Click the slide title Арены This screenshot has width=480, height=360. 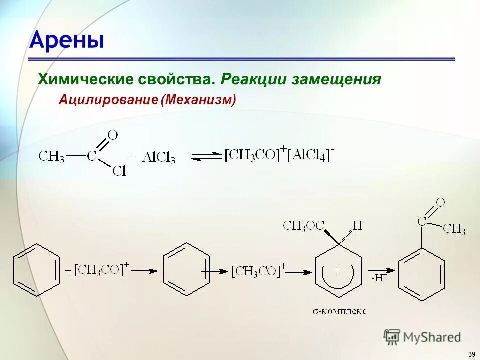click(67, 40)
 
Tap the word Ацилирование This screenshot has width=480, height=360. click(108, 100)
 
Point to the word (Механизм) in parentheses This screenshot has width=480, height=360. click(198, 100)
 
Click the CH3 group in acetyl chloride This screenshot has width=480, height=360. click(52, 156)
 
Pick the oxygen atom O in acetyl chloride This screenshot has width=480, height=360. click(113, 135)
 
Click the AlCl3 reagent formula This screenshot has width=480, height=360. click(158, 157)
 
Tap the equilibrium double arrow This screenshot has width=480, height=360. click(206, 156)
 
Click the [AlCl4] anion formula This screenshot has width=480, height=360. click(310, 155)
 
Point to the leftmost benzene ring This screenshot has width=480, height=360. click(34, 271)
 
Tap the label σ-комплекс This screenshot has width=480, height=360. click(339, 311)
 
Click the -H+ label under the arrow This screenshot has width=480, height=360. click(379, 278)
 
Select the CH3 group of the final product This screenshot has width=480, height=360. click(454, 229)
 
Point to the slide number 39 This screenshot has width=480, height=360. click(471, 354)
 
